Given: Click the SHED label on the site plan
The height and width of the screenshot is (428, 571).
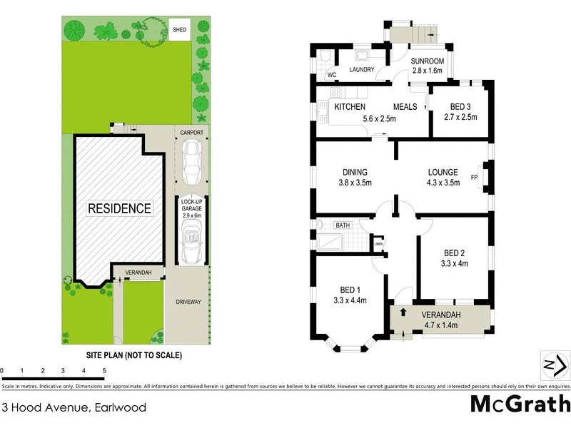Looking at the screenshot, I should pyautogui.click(x=180, y=30).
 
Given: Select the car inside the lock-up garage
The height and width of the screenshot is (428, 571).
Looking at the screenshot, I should pyautogui.click(x=192, y=240).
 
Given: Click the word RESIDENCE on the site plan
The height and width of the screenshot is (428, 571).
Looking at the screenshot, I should pyautogui.click(x=119, y=208).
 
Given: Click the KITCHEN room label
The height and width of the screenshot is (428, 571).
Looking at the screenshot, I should pyautogui.click(x=350, y=107).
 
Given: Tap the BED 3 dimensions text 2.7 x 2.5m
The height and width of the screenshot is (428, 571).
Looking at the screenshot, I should pyautogui.click(x=460, y=117).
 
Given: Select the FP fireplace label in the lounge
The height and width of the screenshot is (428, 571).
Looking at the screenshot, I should pyautogui.click(x=474, y=177).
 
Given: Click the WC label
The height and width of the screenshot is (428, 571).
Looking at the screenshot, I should pyautogui.click(x=331, y=74).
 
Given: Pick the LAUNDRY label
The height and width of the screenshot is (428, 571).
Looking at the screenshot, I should pyautogui.click(x=363, y=70).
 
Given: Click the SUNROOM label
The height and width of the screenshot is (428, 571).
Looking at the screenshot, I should pyautogui.click(x=428, y=61).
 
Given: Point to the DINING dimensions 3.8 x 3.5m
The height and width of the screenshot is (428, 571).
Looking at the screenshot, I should pyautogui.click(x=355, y=183).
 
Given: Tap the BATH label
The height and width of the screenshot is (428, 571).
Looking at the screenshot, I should pyautogui.click(x=343, y=225).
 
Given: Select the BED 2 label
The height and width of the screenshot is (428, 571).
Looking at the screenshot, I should pyautogui.click(x=455, y=253).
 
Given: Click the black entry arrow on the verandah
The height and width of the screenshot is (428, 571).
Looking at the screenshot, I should pyautogui.click(x=403, y=312).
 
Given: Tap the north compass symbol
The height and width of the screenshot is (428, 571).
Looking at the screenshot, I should pyautogui.click(x=555, y=365).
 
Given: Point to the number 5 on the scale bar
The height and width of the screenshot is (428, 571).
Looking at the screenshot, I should pyautogui.click(x=104, y=371).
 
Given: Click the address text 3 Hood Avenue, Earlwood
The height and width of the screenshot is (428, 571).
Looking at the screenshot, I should pyautogui.click(x=74, y=408).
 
